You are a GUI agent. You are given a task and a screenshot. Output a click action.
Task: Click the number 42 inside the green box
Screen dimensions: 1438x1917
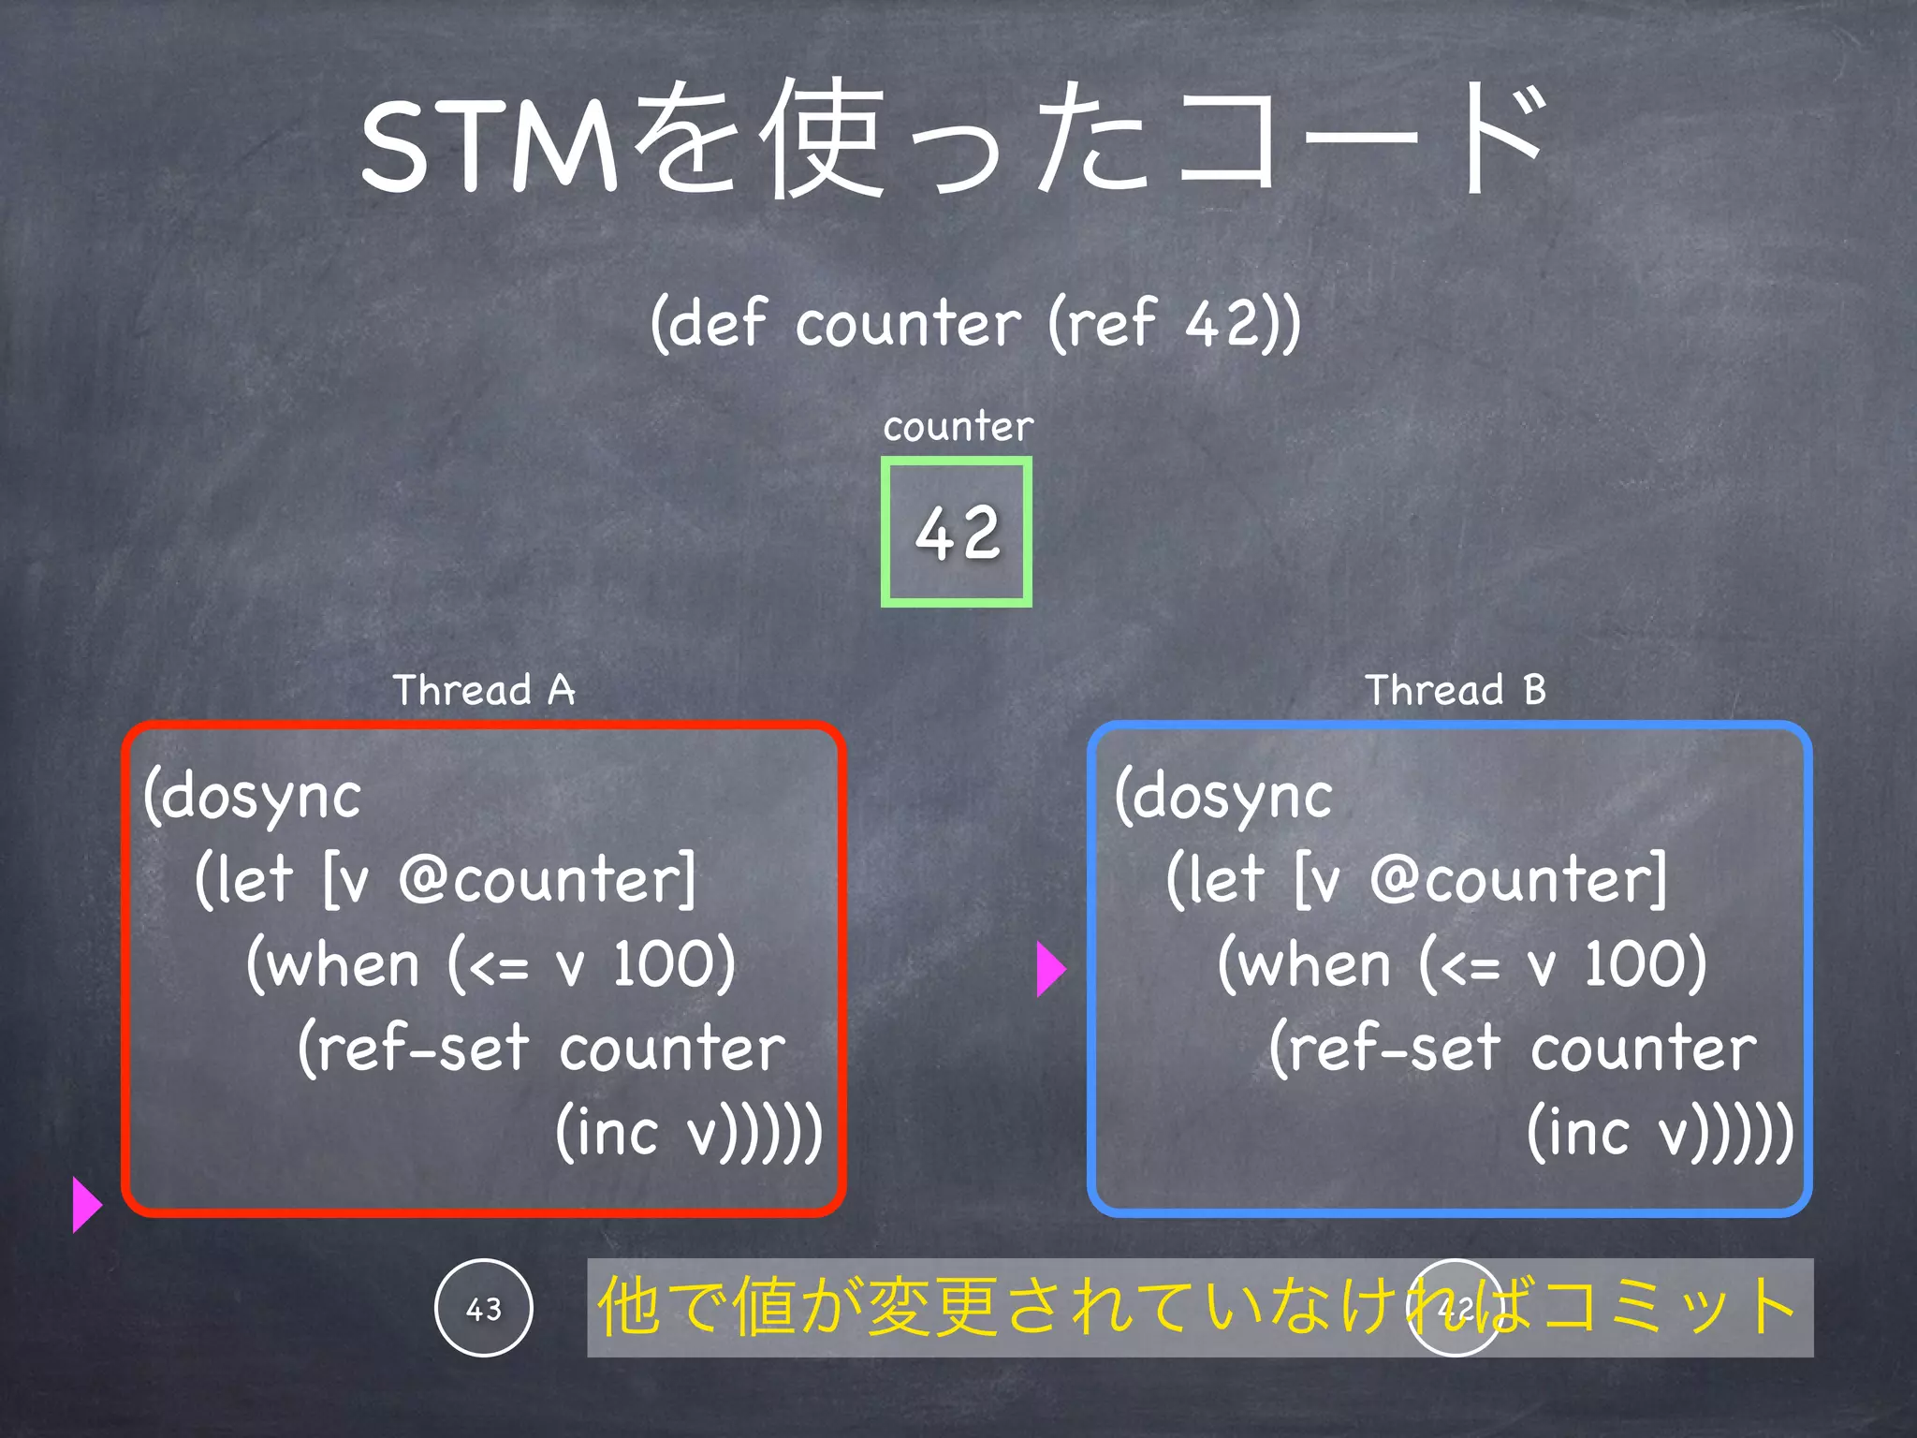tap(957, 533)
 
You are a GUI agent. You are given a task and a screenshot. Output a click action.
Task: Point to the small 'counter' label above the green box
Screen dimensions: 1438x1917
tap(958, 427)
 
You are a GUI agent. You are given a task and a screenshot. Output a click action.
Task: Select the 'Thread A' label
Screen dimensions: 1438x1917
tap(483, 690)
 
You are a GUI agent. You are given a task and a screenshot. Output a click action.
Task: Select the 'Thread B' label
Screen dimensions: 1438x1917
tap(1455, 690)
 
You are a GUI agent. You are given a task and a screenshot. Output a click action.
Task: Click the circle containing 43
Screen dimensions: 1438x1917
tap(484, 1308)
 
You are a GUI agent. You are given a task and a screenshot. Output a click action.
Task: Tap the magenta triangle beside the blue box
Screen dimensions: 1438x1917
tap(1050, 968)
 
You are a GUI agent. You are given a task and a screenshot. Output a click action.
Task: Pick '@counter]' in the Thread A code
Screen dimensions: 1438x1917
tap(548, 880)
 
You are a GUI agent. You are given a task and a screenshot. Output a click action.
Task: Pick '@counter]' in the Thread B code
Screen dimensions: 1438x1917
tap(1518, 880)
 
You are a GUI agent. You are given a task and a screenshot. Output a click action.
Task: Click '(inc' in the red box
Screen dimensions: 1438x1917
tap(608, 1133)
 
